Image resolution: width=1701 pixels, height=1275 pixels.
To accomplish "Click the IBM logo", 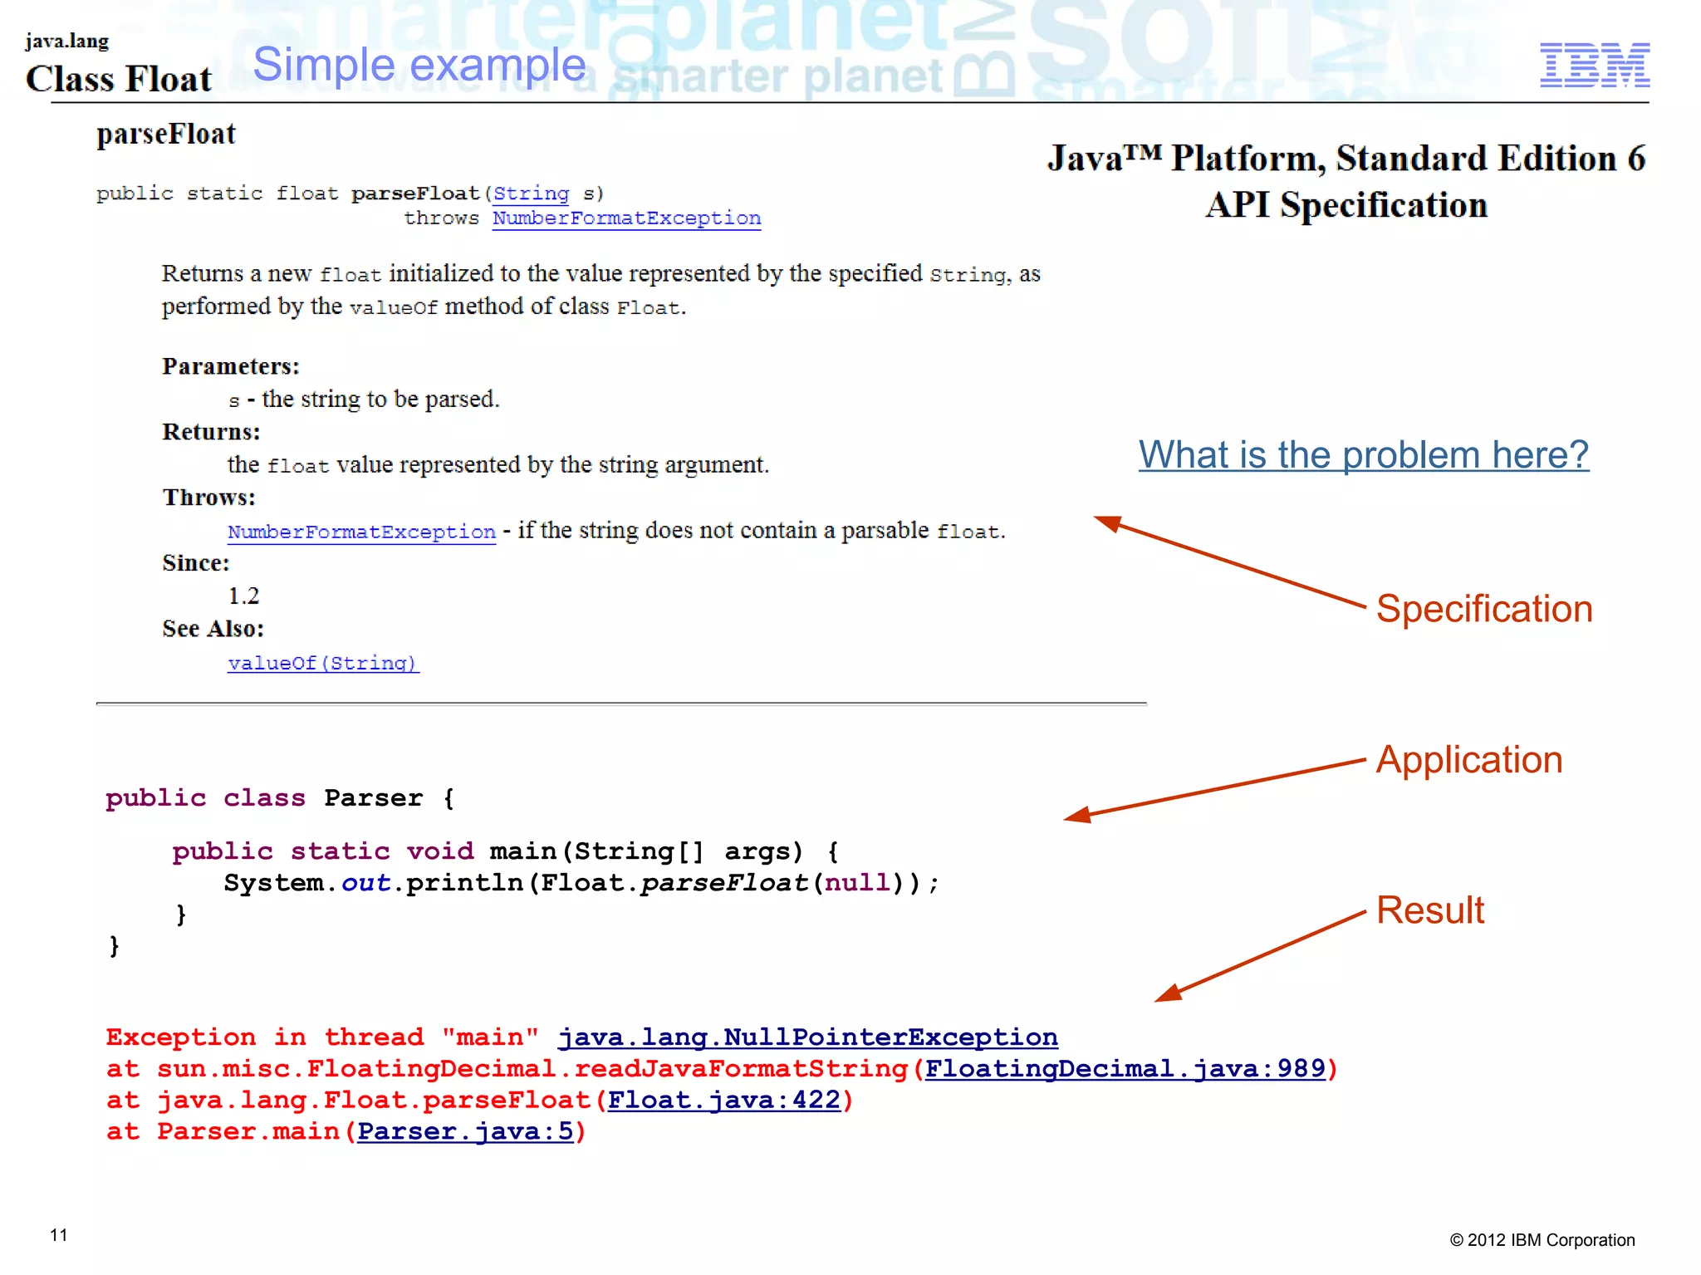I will (1594, 65).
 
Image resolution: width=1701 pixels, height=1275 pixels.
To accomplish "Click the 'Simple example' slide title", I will (419, 65).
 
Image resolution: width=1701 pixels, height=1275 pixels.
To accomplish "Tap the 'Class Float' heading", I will (119, 79).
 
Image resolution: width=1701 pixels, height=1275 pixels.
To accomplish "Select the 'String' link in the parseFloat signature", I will (531, 194).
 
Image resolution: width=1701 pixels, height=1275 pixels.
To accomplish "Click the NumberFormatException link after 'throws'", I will (626, 218).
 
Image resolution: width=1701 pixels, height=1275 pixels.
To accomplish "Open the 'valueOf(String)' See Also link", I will (323, 663).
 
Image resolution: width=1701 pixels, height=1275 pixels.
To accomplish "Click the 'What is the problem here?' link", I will (1363, 455).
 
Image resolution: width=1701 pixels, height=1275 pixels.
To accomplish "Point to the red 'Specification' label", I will (1484, 609).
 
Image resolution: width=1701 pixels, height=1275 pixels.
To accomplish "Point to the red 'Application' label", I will (1468, 760).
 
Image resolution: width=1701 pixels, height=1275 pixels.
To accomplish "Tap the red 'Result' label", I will (1429, 910).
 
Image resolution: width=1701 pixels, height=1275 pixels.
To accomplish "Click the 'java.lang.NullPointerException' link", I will (807, 1037).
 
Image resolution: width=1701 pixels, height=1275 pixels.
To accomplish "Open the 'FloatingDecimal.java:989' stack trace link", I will (1125, 1069).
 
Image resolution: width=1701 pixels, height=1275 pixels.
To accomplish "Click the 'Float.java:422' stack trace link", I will (723, 1101).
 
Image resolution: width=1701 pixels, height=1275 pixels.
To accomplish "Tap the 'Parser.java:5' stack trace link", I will (465, 1132).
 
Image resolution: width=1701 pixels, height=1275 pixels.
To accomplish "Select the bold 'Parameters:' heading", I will (231, 366).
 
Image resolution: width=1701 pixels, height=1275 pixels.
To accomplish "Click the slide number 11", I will (59, 1235).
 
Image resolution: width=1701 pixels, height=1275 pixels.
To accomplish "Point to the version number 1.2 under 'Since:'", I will (243, 596).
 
